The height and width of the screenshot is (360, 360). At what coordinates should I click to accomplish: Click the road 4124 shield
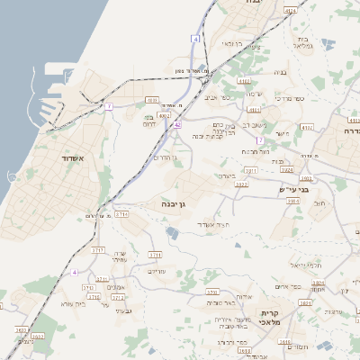(290, 9)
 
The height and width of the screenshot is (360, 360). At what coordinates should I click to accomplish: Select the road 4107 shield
(152, 100)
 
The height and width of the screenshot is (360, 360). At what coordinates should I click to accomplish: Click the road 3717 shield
(98, 248)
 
